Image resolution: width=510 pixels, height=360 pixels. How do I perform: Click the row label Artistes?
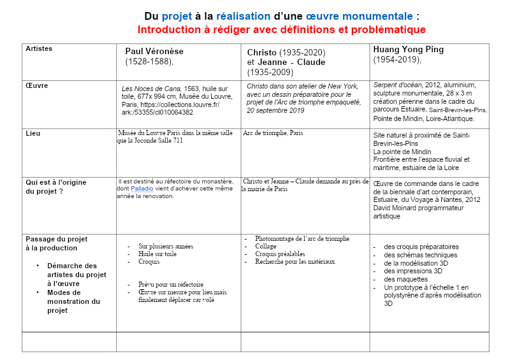[x=39, y=48]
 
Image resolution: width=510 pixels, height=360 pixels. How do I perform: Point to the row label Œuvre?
[x=36, y=85]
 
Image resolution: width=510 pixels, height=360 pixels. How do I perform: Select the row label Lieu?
[x=33, y=133]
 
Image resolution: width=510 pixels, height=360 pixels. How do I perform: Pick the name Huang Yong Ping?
[x=409, y=49]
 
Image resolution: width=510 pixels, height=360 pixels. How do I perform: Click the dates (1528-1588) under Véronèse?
[x=149, y=62]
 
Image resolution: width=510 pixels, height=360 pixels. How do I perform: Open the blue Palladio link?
[x=142, y=189]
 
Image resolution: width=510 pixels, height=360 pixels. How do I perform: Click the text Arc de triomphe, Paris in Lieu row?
[x=273, y=133]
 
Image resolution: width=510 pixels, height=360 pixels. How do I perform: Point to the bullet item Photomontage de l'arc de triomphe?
[x=302, y=239]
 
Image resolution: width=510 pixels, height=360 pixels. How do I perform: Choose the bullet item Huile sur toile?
[x=157, y=254]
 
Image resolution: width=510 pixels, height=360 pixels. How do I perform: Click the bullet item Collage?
[x=266, y=246]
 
